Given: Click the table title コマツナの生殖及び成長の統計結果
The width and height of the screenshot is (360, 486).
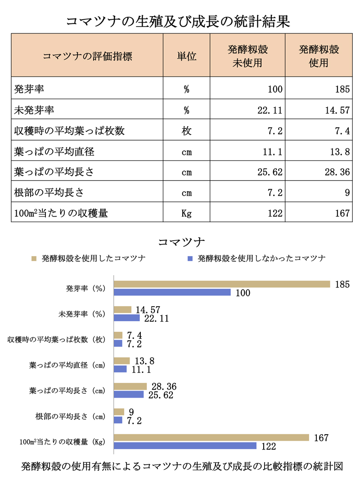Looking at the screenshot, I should pos(180,21).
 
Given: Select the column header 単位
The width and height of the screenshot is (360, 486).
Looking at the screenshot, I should pos(186,56).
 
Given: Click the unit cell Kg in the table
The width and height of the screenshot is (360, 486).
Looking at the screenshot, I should pos(186,213).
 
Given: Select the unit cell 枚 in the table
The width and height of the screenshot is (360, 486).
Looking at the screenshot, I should pos(186,131).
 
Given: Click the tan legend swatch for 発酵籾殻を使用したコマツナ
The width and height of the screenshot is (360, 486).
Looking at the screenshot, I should pos(33,259).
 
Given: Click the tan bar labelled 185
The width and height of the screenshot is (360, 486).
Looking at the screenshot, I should pos(222,284).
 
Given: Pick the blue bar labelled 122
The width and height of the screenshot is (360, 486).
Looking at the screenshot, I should pos(185,446).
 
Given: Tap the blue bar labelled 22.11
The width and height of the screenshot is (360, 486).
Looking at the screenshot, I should pos(127,318).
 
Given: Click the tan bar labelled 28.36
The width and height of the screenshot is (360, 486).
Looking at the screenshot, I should pos(130,386).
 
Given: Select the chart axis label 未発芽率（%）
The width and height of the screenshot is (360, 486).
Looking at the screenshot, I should pos(81,313).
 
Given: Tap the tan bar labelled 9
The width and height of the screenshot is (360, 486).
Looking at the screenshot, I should pos(119,412).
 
